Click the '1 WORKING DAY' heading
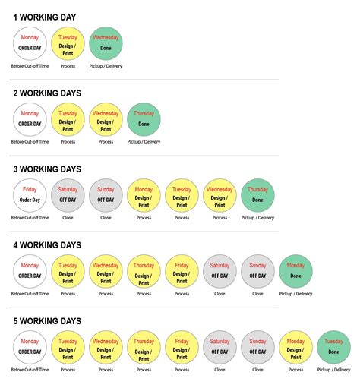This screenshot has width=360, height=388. coord(45,17)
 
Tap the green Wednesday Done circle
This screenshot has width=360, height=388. coord(106,43)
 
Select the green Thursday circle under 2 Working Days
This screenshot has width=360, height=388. coord(144,119)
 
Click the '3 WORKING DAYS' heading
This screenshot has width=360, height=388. coord(47,169)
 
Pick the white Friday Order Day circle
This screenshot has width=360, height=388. coord(30,195)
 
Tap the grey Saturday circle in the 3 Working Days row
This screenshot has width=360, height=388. coord(68,195)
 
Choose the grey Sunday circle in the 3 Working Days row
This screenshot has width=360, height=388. coord(106,195)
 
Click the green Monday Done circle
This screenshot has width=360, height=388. coord(295,271)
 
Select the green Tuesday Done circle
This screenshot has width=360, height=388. coord(333,347)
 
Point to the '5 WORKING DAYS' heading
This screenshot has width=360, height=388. coord(47,321)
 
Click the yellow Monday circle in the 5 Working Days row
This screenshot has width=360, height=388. coord(295,347)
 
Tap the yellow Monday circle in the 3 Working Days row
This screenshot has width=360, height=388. coord(144,195)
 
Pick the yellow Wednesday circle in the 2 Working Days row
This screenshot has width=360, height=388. coord(106,119)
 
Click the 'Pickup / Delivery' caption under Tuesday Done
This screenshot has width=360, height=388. coord(333,370)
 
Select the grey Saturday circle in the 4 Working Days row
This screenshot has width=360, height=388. coord(219,271)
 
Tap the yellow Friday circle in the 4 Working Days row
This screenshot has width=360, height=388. coord(182,271)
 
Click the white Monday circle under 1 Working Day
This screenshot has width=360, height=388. coord(30,43)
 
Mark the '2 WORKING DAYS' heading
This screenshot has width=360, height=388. coord(47,93)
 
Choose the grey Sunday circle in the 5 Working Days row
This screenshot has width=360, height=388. coord(257,347)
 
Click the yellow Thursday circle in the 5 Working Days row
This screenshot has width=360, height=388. coord(144,347)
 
